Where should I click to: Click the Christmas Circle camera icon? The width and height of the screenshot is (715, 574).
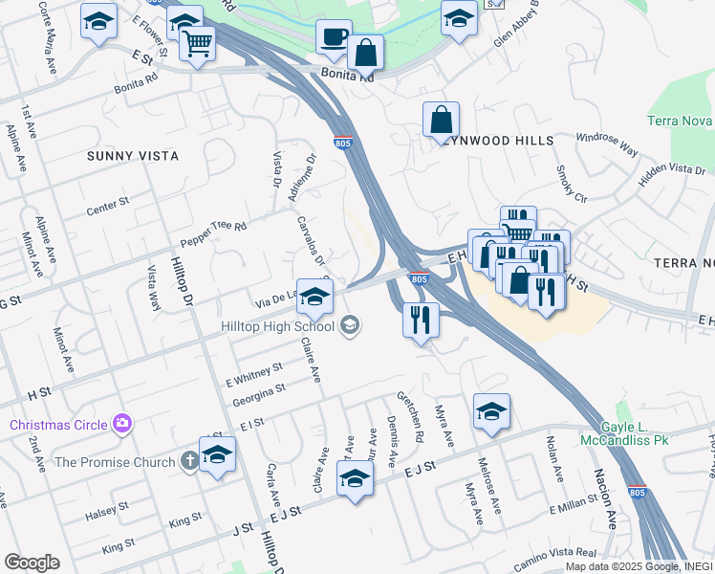coord(121,423)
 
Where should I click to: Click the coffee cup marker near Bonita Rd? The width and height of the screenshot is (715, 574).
coord(334,37)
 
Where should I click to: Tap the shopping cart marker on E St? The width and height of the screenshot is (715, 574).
coord(198,42)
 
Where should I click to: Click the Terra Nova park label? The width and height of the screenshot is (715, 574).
coord(680,121)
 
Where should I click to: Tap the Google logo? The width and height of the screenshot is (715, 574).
coord(32,563)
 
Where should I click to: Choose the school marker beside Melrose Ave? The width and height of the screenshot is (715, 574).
coord(491,411)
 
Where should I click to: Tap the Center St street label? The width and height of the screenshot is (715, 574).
coord(107,205)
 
